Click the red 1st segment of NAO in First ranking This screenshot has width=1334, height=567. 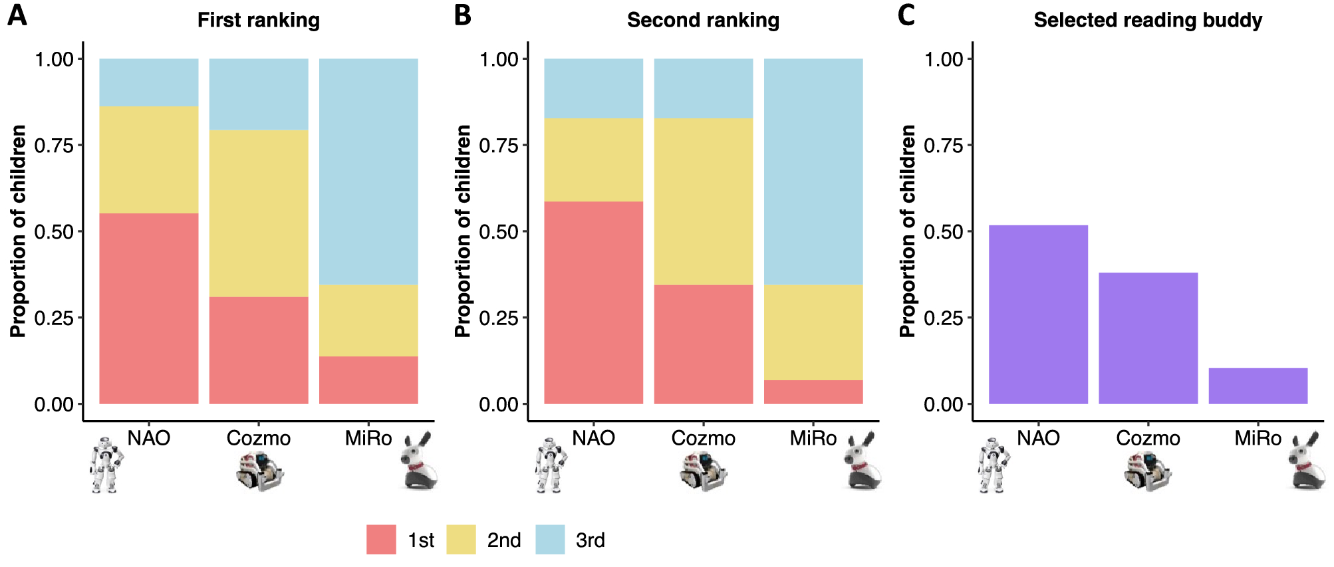(149, 308)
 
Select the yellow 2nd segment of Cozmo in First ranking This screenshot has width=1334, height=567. (259, 213)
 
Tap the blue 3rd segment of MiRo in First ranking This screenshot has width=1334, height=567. (368, 171)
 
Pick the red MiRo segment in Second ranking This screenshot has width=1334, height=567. (813, 392)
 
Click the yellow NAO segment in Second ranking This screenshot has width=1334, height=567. (594, 160)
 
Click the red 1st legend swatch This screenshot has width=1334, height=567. (381, 540)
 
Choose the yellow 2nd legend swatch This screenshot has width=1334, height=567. (461, 540)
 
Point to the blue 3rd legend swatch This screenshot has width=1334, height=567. (550, 540)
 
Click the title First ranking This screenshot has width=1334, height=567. (259, 20)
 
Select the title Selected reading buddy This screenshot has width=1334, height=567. (1148, 20)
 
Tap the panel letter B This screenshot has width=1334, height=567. (463, 15)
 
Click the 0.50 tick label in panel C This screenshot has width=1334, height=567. (944, 232)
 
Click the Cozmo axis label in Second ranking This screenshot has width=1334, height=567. (703, 439)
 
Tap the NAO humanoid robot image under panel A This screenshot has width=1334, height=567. (106, 465)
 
